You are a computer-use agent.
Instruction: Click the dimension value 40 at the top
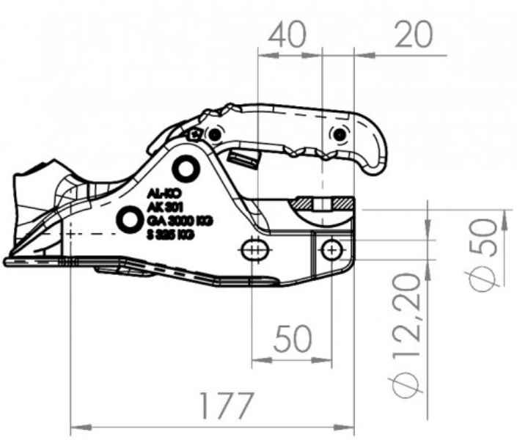pos(287,34)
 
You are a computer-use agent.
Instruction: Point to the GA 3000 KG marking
pos(180,221)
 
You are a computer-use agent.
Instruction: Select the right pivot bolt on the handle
pos(338,134)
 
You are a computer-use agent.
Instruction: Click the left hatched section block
pos(303,202)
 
